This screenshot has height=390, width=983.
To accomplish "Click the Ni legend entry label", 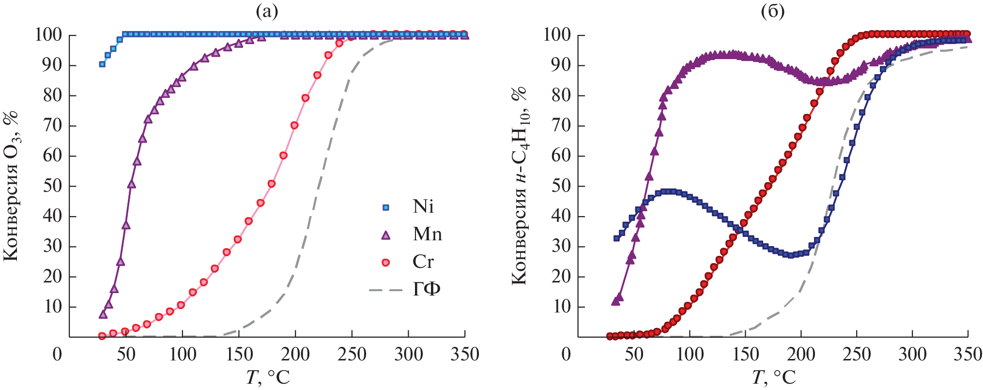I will coord(423,207).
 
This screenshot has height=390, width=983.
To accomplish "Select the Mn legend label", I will coord(427,234).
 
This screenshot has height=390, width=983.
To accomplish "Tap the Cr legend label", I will coord(423,262).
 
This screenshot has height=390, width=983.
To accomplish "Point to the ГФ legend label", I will coord(426,290).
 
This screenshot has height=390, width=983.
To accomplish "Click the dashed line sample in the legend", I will coord(385,290).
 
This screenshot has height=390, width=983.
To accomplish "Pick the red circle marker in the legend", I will coord(385,263).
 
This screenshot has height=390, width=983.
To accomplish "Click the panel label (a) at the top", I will coord(267,11).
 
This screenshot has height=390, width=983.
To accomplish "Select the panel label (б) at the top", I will coord(773,11).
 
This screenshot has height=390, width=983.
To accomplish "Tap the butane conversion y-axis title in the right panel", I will coord(520,186).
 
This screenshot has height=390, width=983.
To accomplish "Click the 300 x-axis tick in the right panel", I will coord(912,355).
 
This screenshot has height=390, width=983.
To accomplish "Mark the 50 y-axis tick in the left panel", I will coord(52,186).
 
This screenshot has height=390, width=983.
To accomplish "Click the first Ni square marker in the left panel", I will coord(102,64).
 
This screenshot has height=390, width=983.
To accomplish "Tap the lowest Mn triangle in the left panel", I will coord(103,314).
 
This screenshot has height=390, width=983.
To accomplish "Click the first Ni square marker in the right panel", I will coord(616,238).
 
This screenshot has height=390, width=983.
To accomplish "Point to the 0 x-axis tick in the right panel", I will coord(566,355).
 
